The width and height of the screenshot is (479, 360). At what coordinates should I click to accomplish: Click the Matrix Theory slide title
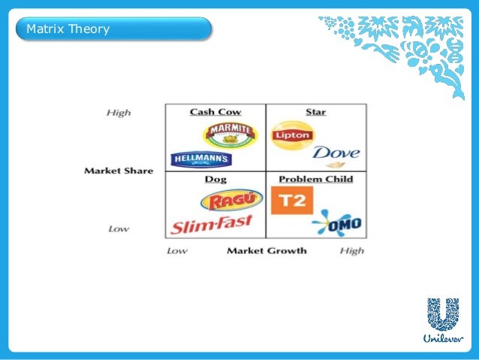(68, 30)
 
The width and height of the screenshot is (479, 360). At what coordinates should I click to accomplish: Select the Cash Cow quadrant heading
(215, 112)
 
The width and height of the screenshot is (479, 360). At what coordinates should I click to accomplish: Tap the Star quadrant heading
(315, 112)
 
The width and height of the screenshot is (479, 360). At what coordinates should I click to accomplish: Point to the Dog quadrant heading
(215, 179)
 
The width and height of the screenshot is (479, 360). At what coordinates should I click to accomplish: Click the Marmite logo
(223, 134)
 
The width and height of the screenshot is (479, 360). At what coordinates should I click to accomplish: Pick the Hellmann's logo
(201, 159)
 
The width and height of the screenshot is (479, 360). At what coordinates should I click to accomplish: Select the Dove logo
(336, 155)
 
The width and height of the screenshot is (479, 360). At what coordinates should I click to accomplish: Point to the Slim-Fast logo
(212, 224)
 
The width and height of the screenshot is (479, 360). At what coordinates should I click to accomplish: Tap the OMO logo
(336, 222)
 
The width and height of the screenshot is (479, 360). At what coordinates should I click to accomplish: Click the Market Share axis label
(118, 171)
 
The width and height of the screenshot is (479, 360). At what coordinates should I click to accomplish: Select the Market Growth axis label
(267, 250)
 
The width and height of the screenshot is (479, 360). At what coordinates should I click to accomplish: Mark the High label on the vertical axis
(118, 113)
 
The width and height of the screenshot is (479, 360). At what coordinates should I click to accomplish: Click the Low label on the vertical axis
(118, 228)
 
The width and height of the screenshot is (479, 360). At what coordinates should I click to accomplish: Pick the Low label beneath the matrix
(176, 250)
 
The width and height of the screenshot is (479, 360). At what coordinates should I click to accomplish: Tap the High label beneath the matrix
(351, 250)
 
